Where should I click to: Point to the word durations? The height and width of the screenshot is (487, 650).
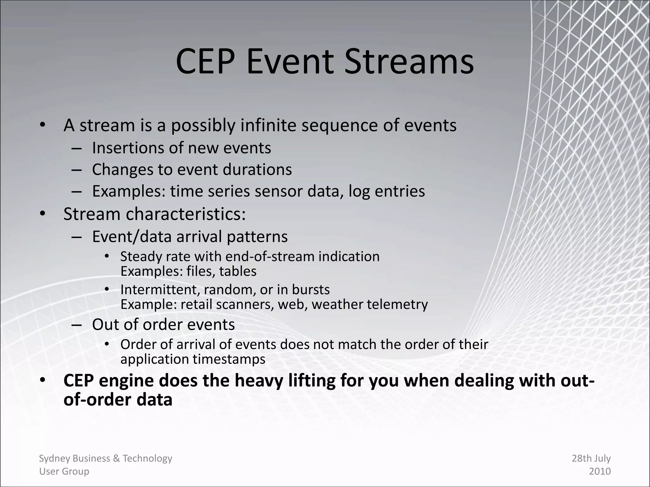[x=257, y=169]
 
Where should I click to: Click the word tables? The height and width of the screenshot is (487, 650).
[x=238, y=271]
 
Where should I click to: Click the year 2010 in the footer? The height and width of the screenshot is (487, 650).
[x=600, y=471]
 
